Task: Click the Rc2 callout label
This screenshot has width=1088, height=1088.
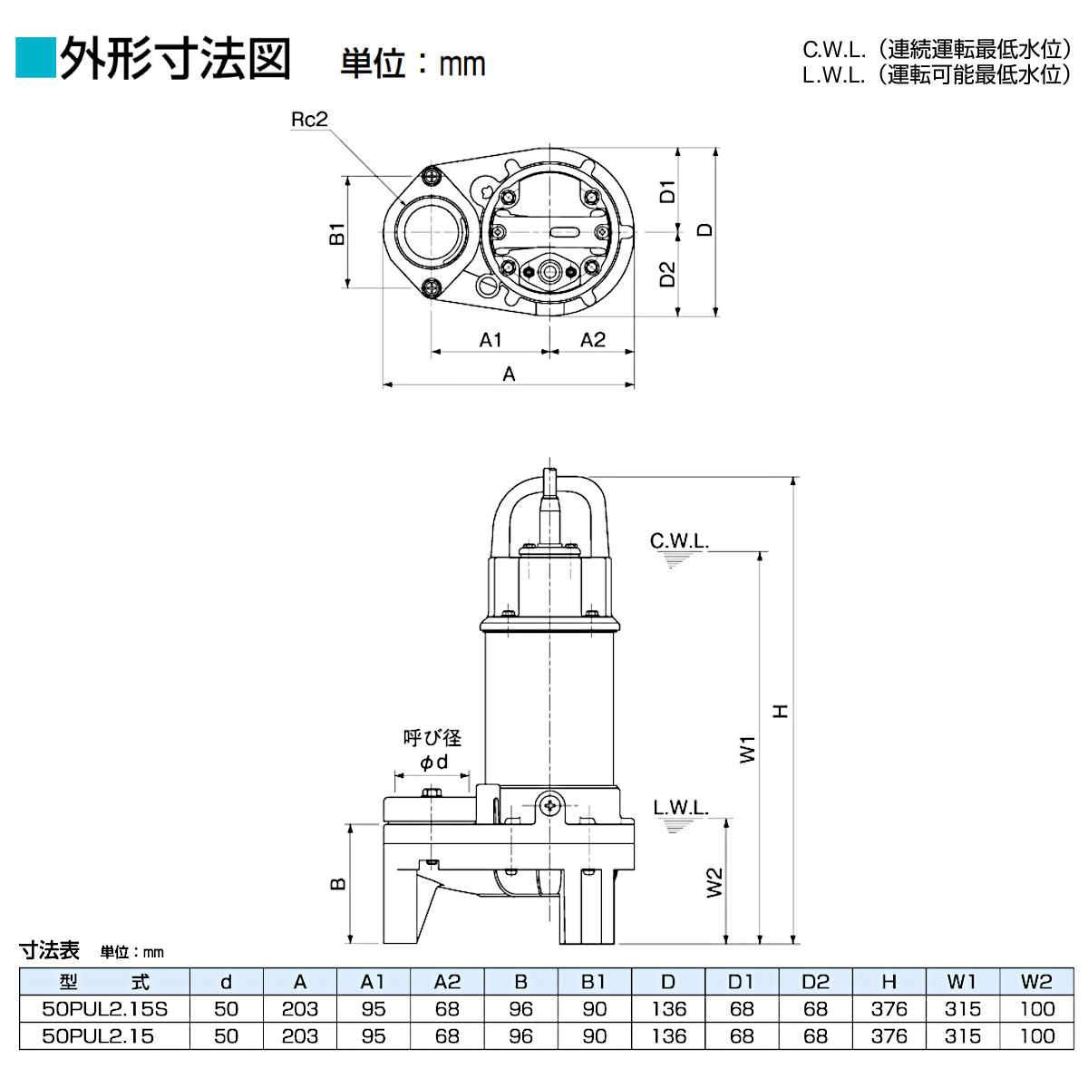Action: [x=308, y=120]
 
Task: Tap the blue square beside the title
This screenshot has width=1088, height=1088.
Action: [x=35, y=58]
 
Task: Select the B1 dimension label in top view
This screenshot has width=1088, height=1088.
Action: [x=337, y=233]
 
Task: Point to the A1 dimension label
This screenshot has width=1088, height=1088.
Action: [x=491, y=340]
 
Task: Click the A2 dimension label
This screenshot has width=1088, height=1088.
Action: [x=592, y=340]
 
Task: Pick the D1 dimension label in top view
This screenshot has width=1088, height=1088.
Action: [x=667, y=191]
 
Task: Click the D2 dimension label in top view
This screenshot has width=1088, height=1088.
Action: [x=667, y=274]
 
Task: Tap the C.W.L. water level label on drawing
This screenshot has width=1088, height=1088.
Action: [x=679, y=541]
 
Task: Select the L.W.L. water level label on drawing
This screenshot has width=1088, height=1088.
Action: [x=681, y=808]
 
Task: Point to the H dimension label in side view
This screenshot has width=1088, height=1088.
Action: [x=781, y=711]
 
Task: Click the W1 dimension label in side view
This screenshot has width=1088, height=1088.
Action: [x=747, y=749]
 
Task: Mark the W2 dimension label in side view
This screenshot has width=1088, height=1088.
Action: [x=714, y=882]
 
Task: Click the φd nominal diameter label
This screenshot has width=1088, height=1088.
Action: [x=433, y=763]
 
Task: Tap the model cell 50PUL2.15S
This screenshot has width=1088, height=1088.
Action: [x=104, y=1009]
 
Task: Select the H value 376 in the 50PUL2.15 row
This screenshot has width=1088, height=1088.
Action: [x=889, y=1036]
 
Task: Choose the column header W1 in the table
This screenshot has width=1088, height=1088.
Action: [x=962, y=982]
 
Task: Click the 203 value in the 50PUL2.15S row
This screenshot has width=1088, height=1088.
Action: [x=299, y=1009]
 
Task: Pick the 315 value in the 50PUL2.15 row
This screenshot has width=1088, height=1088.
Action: [x=962, y=1036]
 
